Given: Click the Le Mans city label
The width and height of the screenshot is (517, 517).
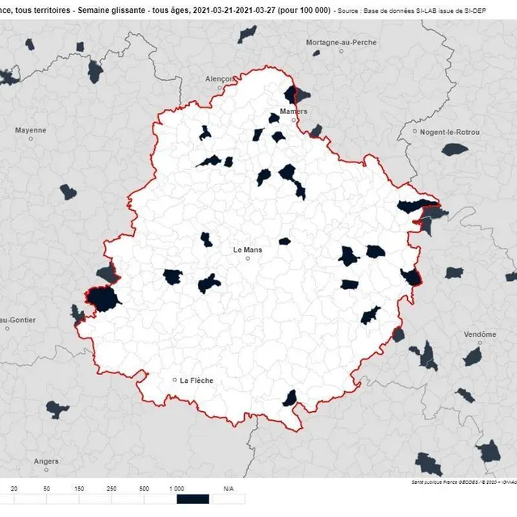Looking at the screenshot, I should tap(249, 250).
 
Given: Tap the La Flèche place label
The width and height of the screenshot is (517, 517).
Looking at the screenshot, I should tap(196, 380).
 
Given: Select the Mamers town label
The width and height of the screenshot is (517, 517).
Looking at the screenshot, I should tap(294, 111).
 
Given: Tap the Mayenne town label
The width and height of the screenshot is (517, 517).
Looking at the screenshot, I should tap(31, 130).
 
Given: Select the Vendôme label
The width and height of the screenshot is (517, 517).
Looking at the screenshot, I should tap(481, 334).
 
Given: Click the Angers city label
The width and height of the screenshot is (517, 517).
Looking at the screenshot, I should tap(46, 462).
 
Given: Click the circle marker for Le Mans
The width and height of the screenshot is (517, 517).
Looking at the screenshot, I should tap(249, 258).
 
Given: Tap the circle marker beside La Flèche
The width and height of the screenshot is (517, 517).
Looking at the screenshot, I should tap(174, 380).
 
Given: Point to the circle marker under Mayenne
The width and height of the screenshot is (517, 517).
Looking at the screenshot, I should tap(31, 139).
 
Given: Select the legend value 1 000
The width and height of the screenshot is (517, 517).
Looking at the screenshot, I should tap(177, 490).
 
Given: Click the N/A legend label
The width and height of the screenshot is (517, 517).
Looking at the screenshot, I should tap(228, 490).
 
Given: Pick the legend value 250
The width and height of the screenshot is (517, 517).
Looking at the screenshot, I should tap(111, 490).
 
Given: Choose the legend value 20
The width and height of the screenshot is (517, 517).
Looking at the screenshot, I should tap(14, 490).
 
